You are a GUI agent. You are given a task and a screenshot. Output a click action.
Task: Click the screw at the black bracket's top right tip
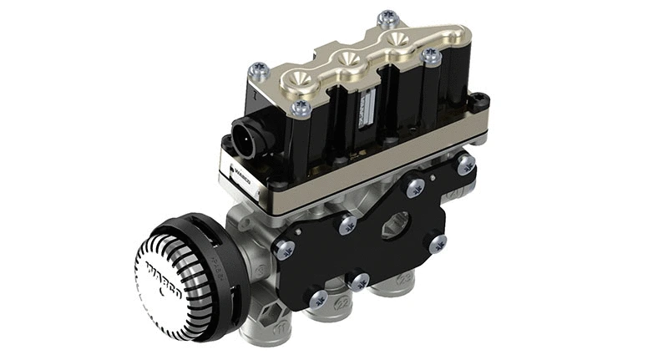[467, 164]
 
